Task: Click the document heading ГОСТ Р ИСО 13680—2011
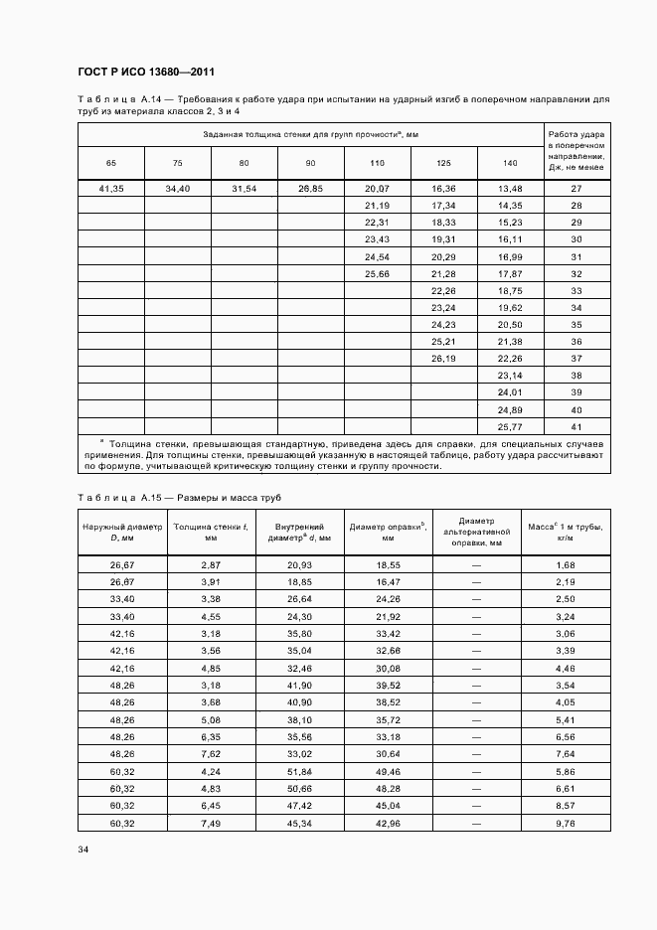point(146,73)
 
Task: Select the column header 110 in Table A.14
point(377,162)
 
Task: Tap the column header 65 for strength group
point(110,162)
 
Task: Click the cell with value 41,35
point(110,189)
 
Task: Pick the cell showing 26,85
point(310,189)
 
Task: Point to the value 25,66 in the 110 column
point(377,273)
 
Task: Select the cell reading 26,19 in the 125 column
point(443,358)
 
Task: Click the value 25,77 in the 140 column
point(510,425)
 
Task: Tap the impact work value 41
point(576,425)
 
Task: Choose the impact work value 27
point(576,189)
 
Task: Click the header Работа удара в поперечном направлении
point(576,148)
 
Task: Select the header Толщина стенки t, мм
point(211,532)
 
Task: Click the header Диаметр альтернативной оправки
point(476,532)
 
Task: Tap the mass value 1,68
point(566,564)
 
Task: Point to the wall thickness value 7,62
point(211,754)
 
